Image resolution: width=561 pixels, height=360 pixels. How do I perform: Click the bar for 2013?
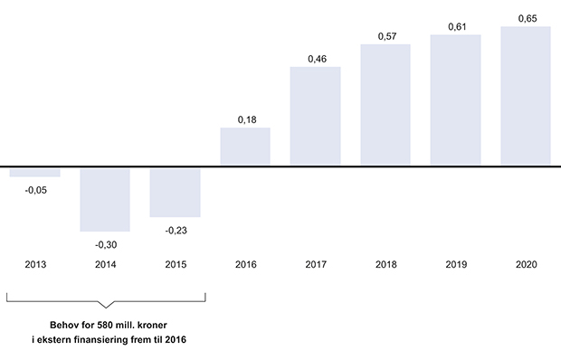pos(34,172)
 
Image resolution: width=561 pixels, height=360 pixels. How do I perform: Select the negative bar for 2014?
pos(105,199)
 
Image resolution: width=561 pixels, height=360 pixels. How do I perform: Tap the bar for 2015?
pos(175,192)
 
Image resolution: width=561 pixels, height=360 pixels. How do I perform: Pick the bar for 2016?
pos(245,147)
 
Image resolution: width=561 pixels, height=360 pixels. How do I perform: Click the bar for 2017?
pos(315,117)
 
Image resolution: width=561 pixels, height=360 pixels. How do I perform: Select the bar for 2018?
pos(385,105)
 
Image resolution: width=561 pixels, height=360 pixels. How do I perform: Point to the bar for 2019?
pos(455,100)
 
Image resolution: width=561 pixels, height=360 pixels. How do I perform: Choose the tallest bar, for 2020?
pos(526,96)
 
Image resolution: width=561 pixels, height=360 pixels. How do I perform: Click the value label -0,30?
pos(105,244)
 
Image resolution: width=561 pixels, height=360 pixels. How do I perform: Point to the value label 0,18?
pos(245,118)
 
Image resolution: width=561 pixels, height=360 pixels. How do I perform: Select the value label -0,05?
pos(35,190)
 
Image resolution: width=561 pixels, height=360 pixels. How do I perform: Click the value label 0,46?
pos(315,58)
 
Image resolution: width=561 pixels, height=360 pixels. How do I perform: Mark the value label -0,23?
pos(175,230)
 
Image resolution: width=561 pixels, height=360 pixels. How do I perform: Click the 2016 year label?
pos(245,265)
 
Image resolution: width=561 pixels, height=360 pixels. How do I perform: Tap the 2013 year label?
pos(35,265)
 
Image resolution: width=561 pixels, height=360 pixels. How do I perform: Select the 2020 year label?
pos(526,265)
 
